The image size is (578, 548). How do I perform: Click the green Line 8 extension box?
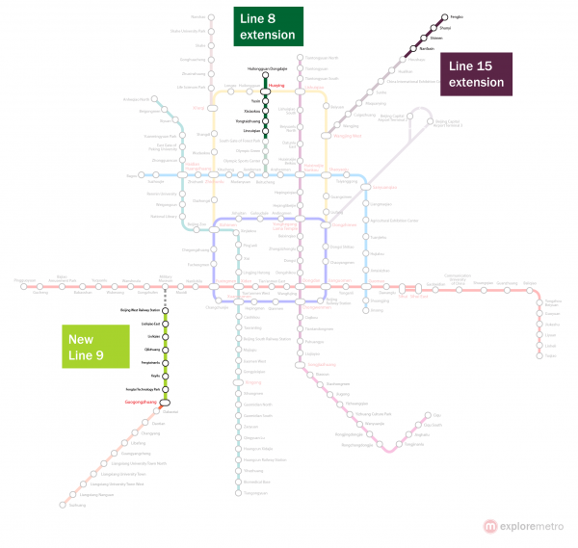click(x=268, y=26)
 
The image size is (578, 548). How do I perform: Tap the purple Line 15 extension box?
click(x=475, y=74)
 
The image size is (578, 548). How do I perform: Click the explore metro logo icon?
click(x=491, y=526)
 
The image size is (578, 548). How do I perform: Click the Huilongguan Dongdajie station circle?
click(x=265, y=77)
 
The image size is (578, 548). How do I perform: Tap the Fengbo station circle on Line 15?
click(x=444, y=17)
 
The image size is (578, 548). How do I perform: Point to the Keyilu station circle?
click(x=166, y=374)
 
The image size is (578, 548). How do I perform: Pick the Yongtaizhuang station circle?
click(x=265, y=120)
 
